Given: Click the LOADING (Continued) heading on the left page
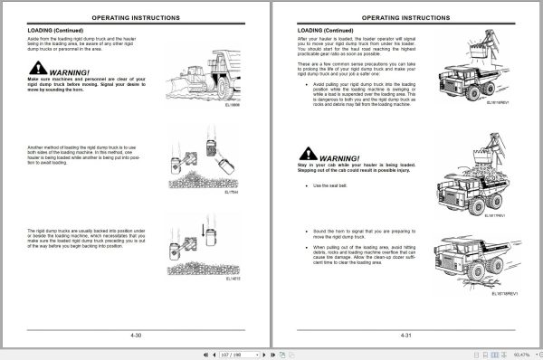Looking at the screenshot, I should point(56,31).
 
